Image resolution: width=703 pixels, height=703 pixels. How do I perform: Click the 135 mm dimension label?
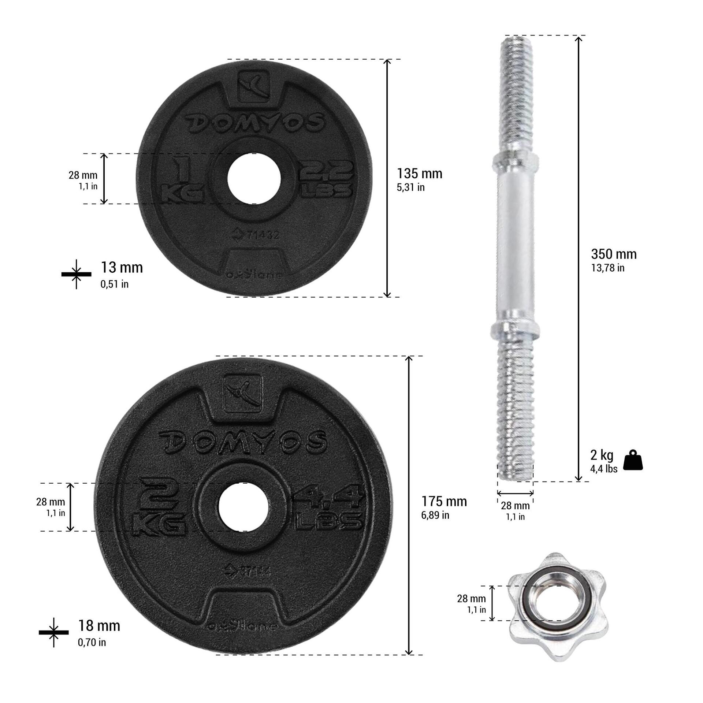(x=420, y=174)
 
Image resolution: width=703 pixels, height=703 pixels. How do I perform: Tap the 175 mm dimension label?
(x=444, y=501)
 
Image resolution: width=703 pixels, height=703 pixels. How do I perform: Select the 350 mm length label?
(x=614, y=254)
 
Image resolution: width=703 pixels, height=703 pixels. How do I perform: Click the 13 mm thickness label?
(x=122, y=268)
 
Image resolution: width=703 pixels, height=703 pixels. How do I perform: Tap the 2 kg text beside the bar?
(x=602, y=455)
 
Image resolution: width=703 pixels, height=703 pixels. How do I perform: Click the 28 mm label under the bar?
(x=515, y=506)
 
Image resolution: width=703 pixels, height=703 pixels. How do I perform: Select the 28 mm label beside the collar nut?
(x=471, y=599)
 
